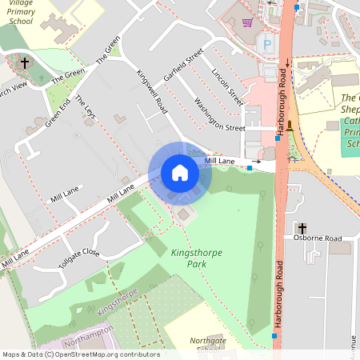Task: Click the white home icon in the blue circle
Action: [x=180, y=173]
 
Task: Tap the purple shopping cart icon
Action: [x=248, y=22]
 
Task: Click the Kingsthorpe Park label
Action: [x=197, y=258]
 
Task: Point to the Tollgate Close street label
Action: [x=78, y=258]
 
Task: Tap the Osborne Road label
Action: [x=317, y=238]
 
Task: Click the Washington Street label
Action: [x=218, y=115]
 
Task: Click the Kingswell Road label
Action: [x=151, y=90]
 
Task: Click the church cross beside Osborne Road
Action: [x=301, y=228]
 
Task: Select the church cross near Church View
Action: [x=25, y=62]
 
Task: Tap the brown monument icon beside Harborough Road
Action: [x=290, y=125]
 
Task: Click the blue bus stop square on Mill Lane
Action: [x=250, y=169]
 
